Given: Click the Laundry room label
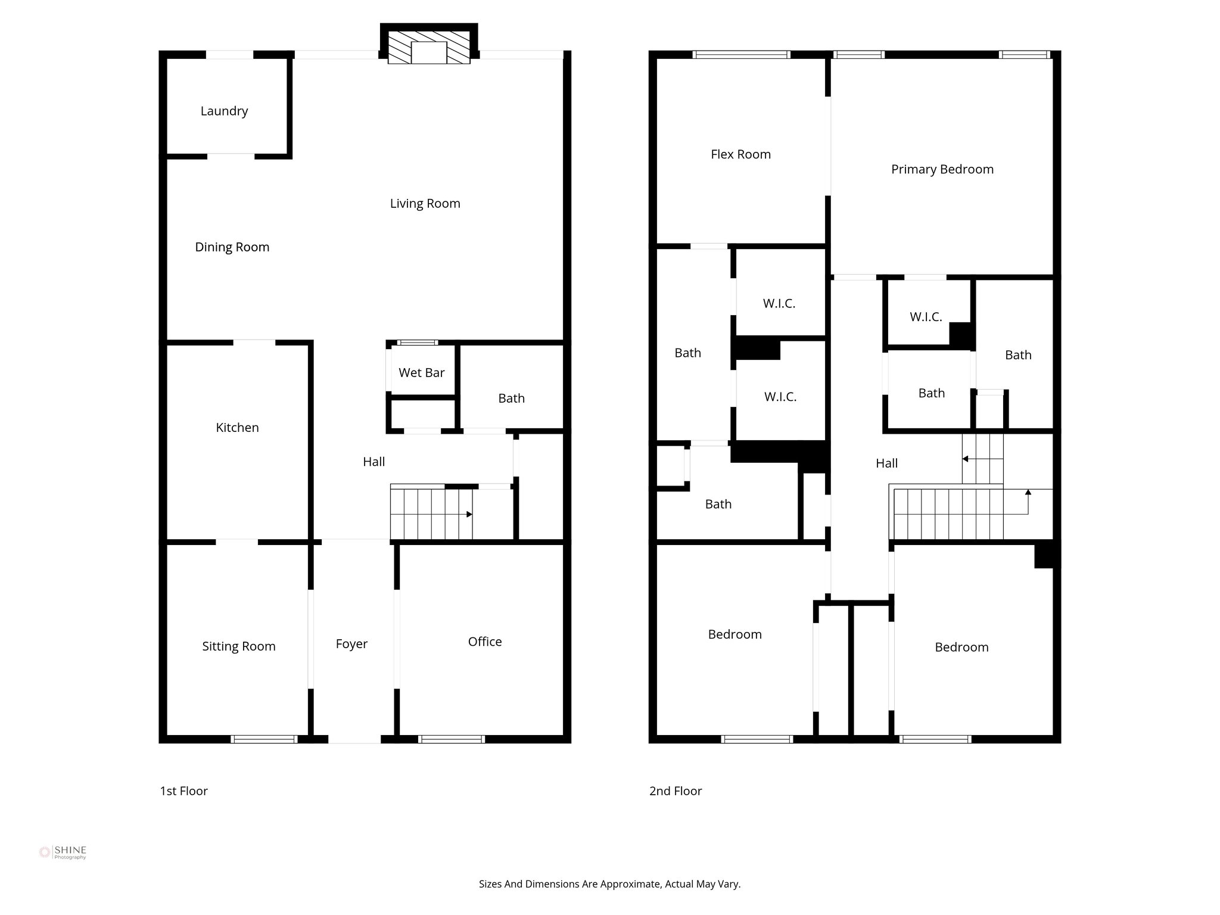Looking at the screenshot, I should tap(224, 111).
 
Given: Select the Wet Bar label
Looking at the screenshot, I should tap(421, 373).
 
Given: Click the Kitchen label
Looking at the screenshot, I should tap(237, 428).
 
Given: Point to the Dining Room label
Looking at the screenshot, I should tap(232, 247).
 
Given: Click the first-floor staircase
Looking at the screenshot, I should tap(431, 513).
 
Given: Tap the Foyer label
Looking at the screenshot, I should tap(351, 644).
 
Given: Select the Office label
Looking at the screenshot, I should tap(484, 642).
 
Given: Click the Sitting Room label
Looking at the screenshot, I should tap(238, 646).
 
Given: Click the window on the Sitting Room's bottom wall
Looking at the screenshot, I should tap(263, 739).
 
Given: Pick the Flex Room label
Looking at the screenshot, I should tap(740, 155).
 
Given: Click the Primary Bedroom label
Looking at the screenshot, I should tap(942, 170).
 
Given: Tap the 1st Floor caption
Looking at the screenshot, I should tap(183, 791).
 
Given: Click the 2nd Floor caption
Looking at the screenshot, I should tap(676, 791).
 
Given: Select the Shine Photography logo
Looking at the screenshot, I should tap(63, 852).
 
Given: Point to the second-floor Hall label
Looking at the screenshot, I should tap(886, 463).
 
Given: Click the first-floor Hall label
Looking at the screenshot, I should tap(374, 462).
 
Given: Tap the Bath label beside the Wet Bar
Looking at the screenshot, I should tap(511, 399).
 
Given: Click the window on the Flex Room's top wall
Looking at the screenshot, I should tap(742, 55).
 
